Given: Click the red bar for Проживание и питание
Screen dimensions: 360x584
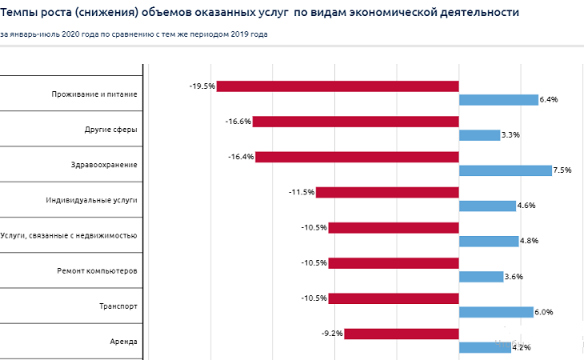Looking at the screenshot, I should click(x=337, y=86).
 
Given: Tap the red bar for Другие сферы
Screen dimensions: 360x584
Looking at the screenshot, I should click(x=355, y=122).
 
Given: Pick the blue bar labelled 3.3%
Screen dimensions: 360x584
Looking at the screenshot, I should click(x=478, y=135).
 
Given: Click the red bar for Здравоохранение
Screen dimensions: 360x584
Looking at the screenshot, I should click(x=357, y=157).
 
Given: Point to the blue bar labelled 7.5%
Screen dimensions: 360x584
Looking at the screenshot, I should click(x=505, y=170).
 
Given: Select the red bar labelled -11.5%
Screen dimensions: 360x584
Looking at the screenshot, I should click(x=387, y=192).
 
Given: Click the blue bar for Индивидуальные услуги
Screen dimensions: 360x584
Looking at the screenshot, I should click(x=487, y=206).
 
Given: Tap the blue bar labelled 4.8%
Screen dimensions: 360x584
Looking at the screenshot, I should click(x=488, y=241).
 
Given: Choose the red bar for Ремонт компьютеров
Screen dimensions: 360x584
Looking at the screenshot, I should click(x=393, y=263).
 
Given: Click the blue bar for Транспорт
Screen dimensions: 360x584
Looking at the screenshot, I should click(x=495, y=312).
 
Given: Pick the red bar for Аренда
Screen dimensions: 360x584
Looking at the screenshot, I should click(x=401, y=334).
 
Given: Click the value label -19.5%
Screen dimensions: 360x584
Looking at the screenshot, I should click(x=202, y=86).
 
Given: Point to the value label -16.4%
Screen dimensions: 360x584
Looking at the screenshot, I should click(x=240, y=157).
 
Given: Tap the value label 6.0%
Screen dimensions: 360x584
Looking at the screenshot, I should click(x=544, y=312).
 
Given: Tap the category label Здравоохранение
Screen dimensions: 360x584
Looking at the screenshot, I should click(x=104, y=165).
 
